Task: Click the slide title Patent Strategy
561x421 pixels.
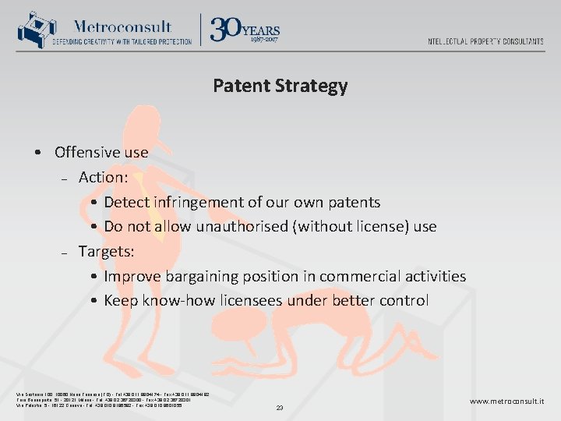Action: (280, 86)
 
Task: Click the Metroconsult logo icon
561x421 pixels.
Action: (32, 30)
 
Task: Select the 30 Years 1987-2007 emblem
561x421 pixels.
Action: (245, 30)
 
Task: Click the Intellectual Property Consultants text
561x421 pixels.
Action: (485, 41)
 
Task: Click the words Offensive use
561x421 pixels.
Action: (101, 152)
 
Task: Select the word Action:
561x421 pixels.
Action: (103, 177)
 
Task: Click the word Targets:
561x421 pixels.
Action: (106, 251)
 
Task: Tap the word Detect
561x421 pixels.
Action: (126, 202)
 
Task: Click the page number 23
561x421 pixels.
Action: (280, 407)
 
